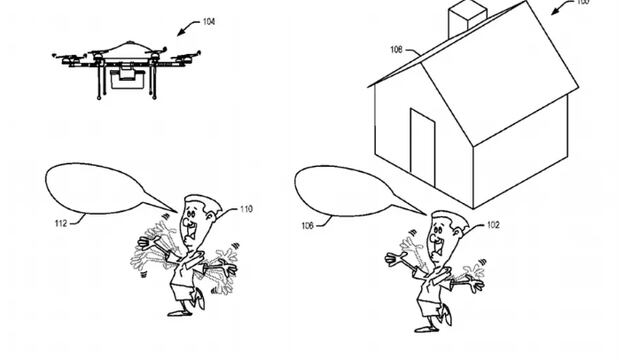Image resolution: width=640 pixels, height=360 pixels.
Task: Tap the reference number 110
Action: [246, 208]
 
